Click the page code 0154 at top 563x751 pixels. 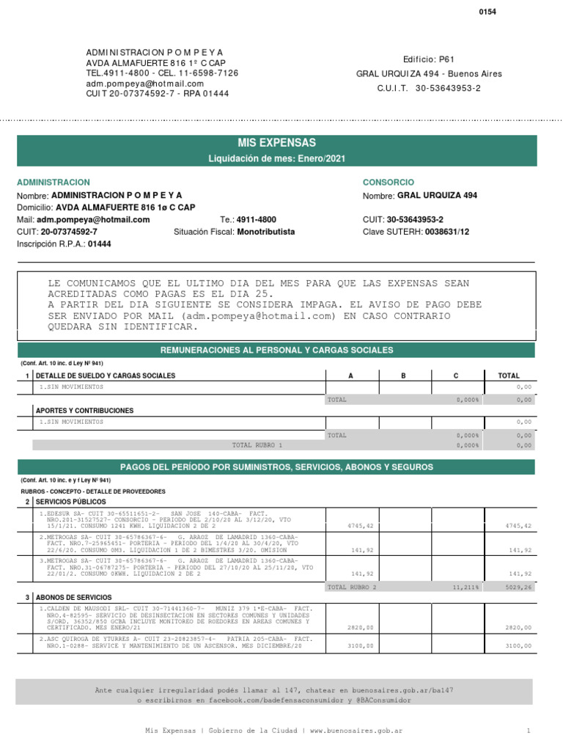point(488,12)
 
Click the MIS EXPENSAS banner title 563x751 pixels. point(276,143)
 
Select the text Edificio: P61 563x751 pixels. point(429,59)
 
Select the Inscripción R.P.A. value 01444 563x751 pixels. point(100,244)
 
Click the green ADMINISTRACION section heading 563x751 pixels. point(54,182)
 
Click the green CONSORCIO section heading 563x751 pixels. point(388,182)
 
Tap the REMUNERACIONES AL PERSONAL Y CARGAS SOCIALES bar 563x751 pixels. point(276,350)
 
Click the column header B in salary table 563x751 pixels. point(402,375)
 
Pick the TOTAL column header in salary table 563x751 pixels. point(508,375)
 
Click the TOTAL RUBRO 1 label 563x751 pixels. point(257,444)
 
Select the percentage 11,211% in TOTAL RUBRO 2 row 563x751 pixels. point(466,587)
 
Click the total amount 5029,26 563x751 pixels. point(519,587)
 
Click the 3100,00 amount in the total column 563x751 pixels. point(518,646)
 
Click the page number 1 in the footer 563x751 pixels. point(528,731)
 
